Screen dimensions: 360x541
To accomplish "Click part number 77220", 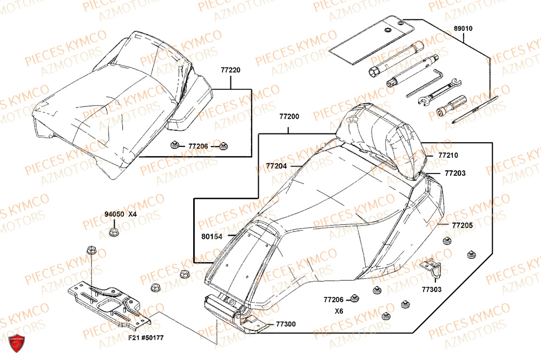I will [230, 70].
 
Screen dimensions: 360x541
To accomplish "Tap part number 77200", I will [289, 117].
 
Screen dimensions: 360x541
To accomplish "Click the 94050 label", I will [114, 214].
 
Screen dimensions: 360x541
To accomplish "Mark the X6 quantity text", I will [339, 311].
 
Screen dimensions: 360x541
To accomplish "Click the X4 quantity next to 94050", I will [133, 214].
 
